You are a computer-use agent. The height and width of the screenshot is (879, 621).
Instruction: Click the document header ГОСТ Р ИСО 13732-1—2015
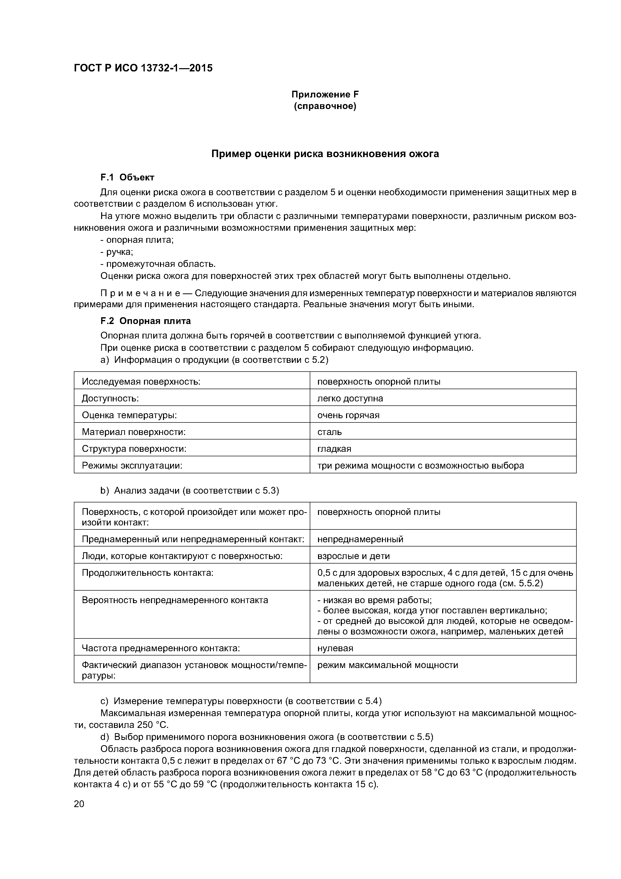tap(143, 68)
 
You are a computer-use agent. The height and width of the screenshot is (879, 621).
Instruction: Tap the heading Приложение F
tap(325, 94)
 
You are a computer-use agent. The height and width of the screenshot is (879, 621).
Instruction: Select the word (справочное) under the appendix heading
tap(325, 106)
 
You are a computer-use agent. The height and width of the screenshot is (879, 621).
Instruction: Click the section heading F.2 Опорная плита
tap(145, 321)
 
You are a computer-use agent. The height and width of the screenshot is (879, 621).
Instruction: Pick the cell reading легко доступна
tap(350, 399)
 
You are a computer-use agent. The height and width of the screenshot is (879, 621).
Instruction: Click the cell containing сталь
tap(330, 432)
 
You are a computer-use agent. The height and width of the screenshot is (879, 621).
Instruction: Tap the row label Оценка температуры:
tap(129, 415)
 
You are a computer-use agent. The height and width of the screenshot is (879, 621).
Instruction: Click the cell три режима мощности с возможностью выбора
tap(420, 466)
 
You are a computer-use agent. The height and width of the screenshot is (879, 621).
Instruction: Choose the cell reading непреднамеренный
tap(360, 539)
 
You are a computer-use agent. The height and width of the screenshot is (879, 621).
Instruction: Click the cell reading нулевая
tap(335, 648)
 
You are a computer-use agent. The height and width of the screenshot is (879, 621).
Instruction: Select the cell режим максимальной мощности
tap(388, 665)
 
